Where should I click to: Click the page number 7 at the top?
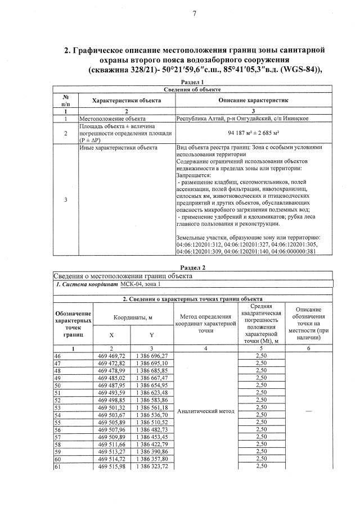coord(194,13)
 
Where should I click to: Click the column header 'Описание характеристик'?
coord(249,100)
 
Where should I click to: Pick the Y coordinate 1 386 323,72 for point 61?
coord(152,466)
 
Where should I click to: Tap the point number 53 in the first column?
coord(57,407)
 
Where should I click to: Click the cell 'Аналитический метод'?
coord(205,411)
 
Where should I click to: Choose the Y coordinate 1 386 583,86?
coord(152,400)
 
